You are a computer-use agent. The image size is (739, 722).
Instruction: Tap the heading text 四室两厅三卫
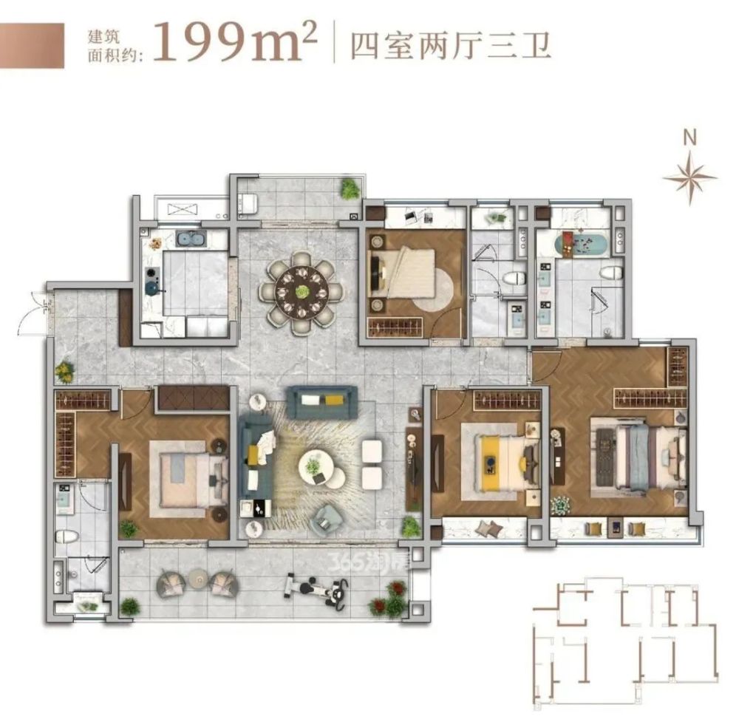coord(452,47)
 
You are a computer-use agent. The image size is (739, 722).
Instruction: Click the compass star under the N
coord(689,177)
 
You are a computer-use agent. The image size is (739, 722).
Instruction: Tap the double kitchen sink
coord(191,239)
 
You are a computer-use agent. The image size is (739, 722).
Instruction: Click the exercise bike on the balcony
coord(317,589)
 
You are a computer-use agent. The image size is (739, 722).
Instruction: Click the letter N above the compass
coord(689,137)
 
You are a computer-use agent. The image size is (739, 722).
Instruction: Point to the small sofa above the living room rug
coord(322,401)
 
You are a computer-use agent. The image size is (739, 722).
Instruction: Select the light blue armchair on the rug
coord(327,519)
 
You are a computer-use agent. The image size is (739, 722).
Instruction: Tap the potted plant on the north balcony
coord(350,189)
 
